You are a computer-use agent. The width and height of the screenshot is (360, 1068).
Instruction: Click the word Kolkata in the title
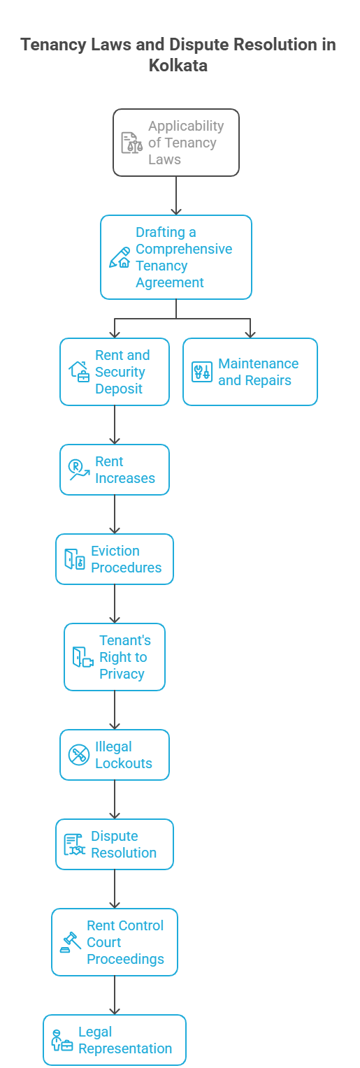(178, 65)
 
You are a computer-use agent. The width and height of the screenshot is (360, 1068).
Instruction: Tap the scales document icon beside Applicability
(131, 143)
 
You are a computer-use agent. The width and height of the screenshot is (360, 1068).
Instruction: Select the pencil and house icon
(120, 257)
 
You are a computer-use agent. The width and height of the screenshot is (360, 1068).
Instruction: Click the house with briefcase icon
(79, 372)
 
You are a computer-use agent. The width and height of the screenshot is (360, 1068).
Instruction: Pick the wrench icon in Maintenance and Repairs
(202, 372)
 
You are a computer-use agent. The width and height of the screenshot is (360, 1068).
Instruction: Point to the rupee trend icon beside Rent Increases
(79, 470)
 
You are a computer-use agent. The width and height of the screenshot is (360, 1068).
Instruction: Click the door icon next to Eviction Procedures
(75, 558)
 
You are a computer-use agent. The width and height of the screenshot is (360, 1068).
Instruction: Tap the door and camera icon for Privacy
(83, 657)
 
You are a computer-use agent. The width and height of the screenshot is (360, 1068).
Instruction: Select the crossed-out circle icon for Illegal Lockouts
(79, 755)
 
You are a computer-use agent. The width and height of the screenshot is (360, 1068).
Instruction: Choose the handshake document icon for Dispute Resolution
(75, 844)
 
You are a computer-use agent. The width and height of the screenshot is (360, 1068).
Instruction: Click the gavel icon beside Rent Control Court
(71, 942)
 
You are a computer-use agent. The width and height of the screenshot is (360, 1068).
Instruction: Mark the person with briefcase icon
(62, 1040)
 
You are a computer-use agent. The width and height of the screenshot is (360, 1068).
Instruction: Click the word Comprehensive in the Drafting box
(184, 249)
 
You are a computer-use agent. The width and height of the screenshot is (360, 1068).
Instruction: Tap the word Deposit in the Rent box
(119, 389)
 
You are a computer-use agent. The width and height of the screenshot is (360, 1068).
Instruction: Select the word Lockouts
(124, 763)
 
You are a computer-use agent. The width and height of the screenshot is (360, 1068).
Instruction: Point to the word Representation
(125, 1048)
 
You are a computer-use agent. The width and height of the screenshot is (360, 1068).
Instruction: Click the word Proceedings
(125, 959)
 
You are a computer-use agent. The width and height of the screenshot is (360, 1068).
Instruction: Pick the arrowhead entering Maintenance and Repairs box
(250, 334)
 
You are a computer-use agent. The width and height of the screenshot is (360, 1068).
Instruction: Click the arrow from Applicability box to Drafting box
(176, 196)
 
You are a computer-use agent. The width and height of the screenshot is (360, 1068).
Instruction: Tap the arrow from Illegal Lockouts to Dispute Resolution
(115, 800)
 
